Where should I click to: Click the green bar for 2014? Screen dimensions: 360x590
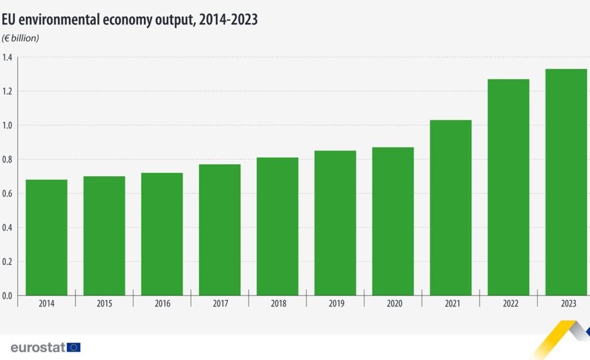point(47,237)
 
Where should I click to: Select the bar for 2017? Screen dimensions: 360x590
point(220,230)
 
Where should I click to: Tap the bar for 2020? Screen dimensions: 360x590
point(393,221)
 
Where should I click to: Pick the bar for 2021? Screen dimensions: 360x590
point(451,207)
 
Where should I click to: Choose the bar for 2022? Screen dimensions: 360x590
point(508,187)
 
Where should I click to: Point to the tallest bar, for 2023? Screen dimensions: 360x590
point(566,182)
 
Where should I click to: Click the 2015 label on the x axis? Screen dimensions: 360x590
point(104,304)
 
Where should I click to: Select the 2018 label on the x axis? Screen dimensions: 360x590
point(278,304)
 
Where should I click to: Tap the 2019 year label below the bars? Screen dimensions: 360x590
point(335,304)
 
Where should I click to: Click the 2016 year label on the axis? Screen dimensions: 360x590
point(162,304)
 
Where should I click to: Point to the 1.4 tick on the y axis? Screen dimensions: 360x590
point(7,57)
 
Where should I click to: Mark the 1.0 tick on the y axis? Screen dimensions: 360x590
point(7,125)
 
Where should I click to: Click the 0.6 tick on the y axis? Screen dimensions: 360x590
point(7,194)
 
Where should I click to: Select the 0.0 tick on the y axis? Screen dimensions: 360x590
point(7,296)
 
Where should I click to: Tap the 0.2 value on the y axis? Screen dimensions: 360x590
point(7,262)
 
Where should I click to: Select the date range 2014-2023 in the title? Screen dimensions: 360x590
point(228,20)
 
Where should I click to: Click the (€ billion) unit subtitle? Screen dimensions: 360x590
point(21,39)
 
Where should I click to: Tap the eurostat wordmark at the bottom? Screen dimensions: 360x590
point(37,347)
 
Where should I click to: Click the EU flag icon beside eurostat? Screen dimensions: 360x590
point(74,347)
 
